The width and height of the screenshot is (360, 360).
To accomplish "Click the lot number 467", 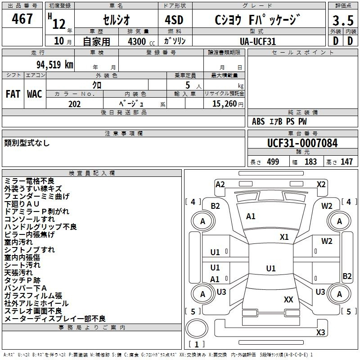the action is point(22,18).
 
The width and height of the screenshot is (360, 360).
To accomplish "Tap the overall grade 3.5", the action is point(343,21).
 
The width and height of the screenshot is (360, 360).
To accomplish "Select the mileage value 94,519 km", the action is point(55,64).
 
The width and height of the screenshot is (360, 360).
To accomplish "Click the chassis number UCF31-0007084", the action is point(302,143).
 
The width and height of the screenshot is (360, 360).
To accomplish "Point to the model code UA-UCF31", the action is point(258,41).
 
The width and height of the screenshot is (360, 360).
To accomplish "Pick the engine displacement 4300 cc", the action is point(141,41).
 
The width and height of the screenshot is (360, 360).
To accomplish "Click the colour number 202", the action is point(74,104).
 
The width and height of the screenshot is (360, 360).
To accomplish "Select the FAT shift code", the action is point(13,94).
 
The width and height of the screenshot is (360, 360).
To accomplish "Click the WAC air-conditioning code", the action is point(35,94).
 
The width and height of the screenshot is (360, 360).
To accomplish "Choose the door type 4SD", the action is point(174,20).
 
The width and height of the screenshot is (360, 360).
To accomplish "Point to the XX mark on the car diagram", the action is point(288,299).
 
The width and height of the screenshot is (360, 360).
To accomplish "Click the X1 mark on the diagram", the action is point(284,237).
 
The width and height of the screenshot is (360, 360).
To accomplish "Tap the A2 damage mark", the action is point(220,184).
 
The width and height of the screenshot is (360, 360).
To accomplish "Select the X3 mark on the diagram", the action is point(320,332).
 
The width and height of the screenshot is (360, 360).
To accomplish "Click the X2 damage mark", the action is point(321,184).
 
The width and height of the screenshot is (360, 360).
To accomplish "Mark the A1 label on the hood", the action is point(251,216).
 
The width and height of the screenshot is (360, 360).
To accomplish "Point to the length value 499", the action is point(273,162).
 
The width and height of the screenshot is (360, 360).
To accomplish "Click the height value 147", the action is point(346,162).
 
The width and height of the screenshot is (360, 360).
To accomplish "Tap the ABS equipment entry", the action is point(258,121).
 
